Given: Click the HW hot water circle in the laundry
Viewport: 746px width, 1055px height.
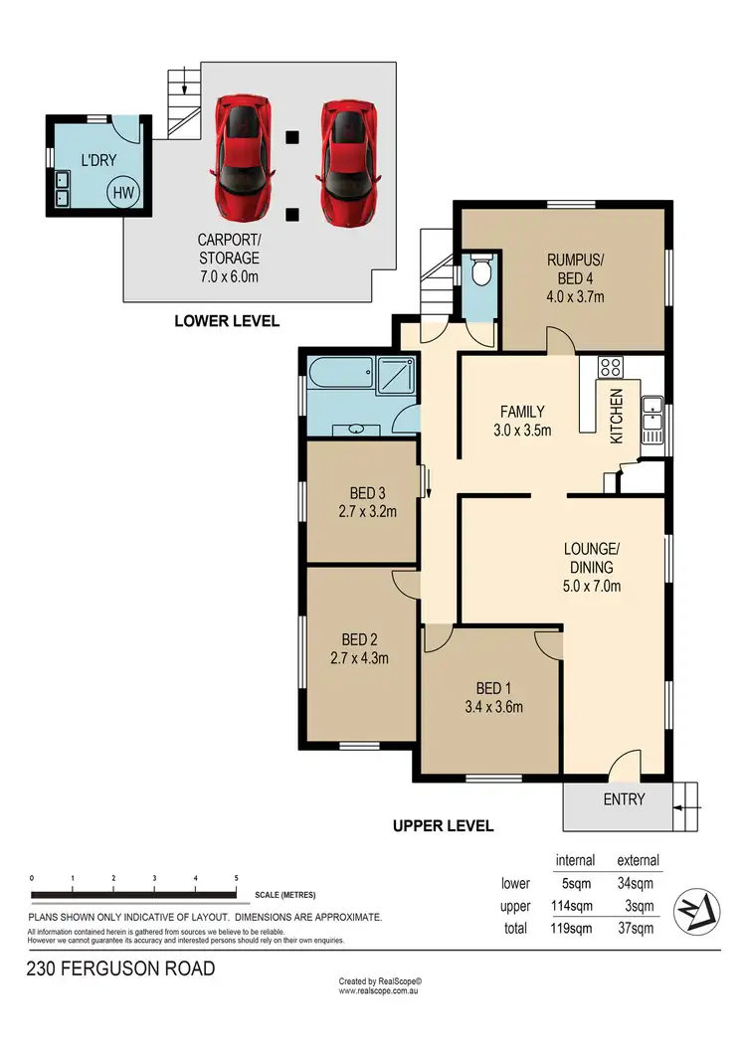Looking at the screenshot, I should tap(124, 193).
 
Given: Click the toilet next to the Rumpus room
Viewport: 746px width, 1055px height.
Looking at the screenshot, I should tap(481, 270).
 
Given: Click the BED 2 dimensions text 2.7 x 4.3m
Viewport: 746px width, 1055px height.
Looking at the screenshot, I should tap(359, 657).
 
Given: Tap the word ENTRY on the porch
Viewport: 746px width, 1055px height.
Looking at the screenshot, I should tap(624, 799).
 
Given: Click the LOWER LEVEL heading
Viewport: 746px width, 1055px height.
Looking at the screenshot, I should tap(227, 321).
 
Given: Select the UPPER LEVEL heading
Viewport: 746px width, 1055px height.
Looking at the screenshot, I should tap(443, 825).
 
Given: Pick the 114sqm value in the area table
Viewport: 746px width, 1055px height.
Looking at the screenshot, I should tap(574, 906).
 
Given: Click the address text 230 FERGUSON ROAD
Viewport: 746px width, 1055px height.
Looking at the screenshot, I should tap(121, 967).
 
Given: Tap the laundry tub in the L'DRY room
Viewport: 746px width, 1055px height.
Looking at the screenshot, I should tap(62, 189).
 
